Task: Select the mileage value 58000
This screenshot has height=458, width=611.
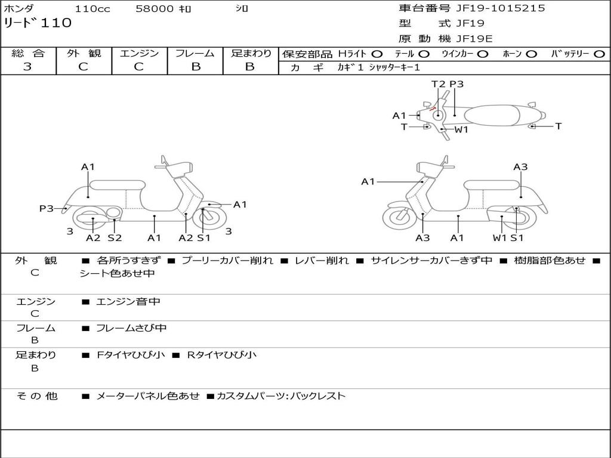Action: coord(154,9)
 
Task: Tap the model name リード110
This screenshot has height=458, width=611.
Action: coord(38,23)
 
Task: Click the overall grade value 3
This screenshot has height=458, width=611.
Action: coord(27,67)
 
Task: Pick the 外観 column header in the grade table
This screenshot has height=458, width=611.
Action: coord(84,53)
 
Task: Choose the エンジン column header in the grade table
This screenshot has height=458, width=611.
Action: coord(139,53)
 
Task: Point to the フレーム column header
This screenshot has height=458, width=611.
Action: coord(195,53)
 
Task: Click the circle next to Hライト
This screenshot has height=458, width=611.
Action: coord(377,54)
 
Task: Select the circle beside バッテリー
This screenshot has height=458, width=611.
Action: coord(599,54)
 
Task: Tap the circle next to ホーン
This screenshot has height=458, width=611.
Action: coord(531,54)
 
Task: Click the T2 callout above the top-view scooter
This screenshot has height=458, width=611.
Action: coord(438,84)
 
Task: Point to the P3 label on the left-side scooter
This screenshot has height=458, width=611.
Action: coord(47,208)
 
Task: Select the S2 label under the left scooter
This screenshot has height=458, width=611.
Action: coord(115,238)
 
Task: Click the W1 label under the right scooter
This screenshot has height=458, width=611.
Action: coord(499,238)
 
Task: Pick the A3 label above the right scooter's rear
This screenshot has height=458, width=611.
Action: coord(520,167)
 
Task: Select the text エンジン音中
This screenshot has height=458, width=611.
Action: coord(128,302)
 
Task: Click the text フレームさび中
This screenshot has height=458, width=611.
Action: coord(131,328)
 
